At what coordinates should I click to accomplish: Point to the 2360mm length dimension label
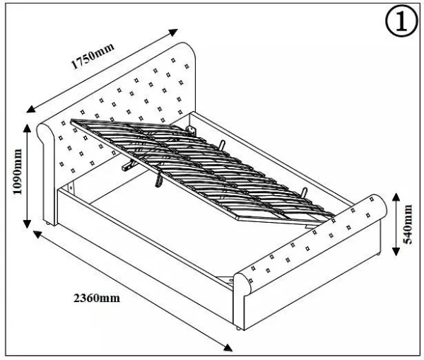click(96, 298)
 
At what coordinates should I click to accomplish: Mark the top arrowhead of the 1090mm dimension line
click(28, 126)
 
